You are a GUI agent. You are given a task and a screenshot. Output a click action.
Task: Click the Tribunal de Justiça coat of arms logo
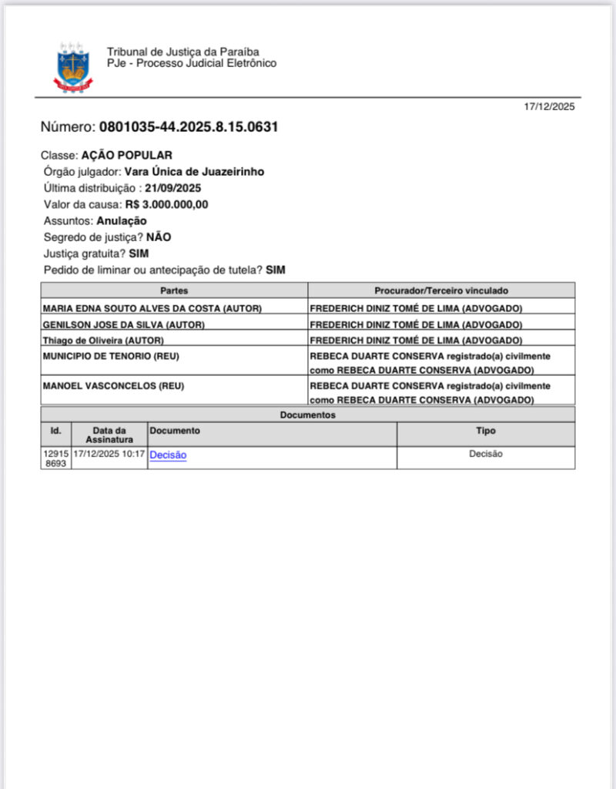[x=73, y=67]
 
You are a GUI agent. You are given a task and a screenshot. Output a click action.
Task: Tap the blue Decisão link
[x=168, y=455]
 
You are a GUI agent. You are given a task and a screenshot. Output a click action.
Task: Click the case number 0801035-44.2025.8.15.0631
[x=188, y=127]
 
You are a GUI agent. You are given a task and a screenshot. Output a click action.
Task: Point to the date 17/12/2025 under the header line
[x=549, y=107]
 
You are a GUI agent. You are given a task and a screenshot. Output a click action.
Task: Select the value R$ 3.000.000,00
[x=166, y=204]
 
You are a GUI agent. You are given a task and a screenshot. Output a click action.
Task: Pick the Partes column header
[x=174, y=290]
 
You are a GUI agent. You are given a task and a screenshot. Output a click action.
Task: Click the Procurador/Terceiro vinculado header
[x=441, y=290]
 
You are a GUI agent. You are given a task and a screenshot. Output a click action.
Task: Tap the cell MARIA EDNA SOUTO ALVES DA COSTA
[x=152, y=308]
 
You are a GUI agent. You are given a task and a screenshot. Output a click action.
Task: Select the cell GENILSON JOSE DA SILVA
[x=124, y=324]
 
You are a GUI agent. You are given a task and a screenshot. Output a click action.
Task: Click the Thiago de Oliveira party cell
[x=103, y=340]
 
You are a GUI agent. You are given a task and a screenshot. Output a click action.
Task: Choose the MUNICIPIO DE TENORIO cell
[x=112, y=356]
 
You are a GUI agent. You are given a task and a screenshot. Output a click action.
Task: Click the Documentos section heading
[x=307, y=415]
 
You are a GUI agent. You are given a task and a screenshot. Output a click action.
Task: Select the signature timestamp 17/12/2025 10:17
[x=109, y=454]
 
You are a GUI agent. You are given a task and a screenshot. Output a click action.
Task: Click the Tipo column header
[x=485, y=431]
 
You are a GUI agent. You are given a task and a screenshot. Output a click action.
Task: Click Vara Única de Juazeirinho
[x=194, y=172]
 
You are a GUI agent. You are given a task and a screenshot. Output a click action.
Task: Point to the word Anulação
[x=122, y=220]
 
